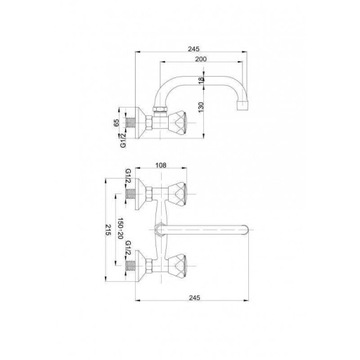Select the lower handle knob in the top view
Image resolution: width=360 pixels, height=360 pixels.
point(183,272)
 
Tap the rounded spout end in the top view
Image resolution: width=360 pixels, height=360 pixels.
point(259,238)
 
